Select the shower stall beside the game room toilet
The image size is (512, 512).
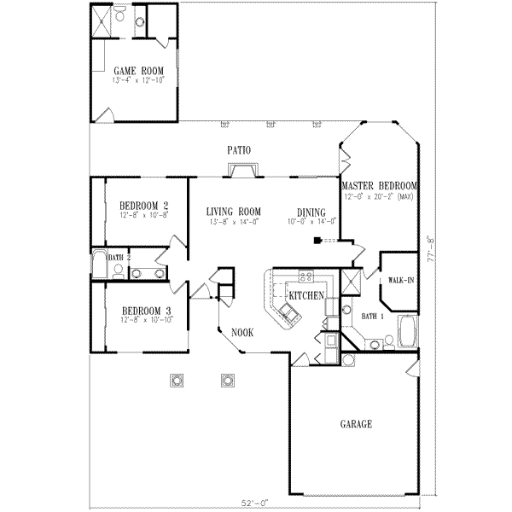[101, 21]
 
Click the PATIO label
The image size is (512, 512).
[239, 150]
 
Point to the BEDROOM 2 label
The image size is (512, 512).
[143, 205]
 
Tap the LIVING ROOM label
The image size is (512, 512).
[233, 212]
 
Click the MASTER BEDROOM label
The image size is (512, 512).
[379, 186]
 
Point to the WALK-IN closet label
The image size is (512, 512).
[400, 279]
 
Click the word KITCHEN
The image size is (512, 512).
[305, 295]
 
